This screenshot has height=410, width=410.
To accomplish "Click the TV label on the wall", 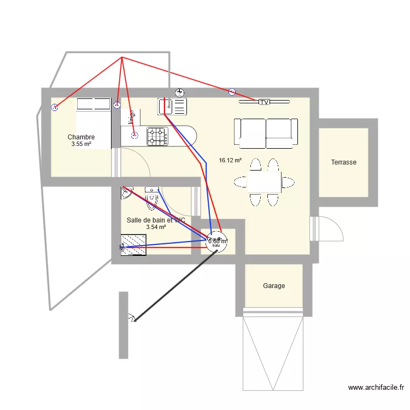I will coord(265,102).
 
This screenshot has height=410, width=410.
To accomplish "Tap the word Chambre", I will coord(81,137).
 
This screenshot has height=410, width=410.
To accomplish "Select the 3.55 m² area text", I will coord(81,144).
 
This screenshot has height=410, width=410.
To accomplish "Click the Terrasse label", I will coord(344,162).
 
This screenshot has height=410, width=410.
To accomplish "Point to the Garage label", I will coord(274,286).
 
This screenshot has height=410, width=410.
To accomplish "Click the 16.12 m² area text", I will coord(230,161).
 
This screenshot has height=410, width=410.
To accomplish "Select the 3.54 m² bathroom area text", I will coord(156,227).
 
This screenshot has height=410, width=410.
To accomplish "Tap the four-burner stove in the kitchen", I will coord(157,137).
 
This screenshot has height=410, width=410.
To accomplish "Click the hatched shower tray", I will coord(133,241).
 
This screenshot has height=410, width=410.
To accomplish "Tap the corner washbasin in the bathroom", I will coord(126,192).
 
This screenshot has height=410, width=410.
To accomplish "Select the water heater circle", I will coord(216,241).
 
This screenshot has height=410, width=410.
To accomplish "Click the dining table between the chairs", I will coord(265,181).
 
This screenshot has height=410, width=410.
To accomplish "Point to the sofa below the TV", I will coord(266,133).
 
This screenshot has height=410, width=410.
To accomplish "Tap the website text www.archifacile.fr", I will coord(376,388).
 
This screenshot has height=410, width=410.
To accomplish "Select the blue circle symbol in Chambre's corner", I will coord(54,108).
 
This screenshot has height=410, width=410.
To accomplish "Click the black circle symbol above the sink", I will coord(179,92).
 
